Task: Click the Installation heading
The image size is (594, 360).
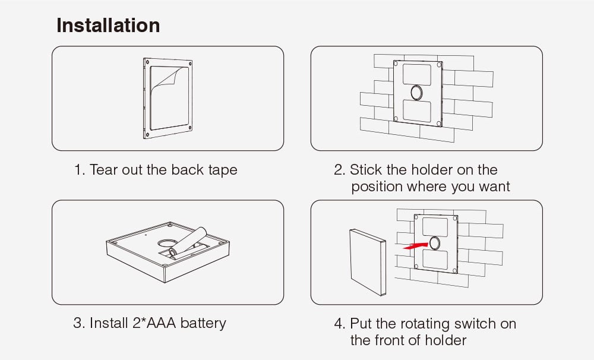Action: (108, 26)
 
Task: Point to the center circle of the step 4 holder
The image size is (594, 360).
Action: (435, 242)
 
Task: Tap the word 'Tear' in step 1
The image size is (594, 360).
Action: (103, 170)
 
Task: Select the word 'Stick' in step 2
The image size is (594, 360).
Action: (366, 170)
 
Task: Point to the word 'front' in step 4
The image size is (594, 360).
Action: (389, 340)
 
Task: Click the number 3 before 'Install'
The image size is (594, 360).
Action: (77, 323)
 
